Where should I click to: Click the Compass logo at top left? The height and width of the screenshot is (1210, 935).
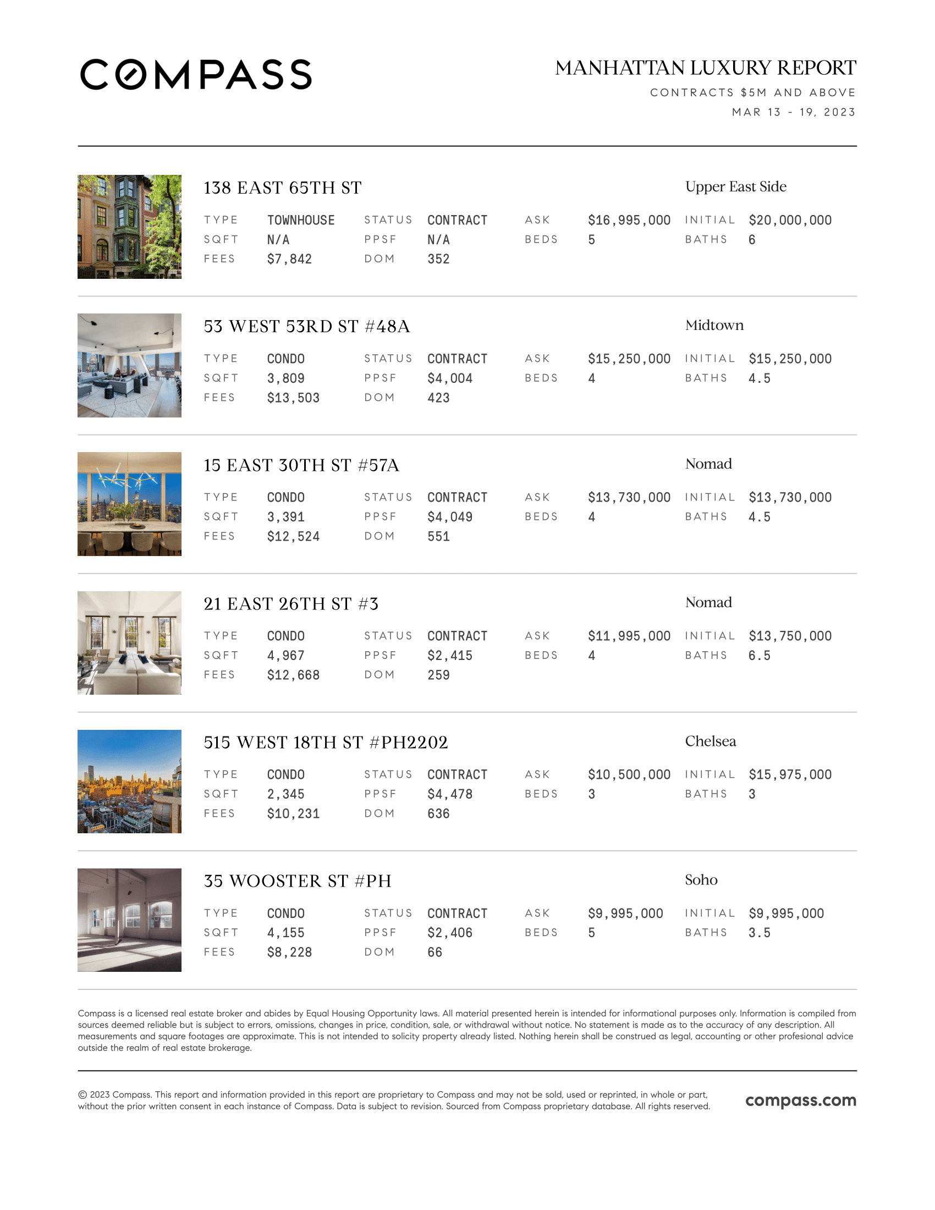point(196,74)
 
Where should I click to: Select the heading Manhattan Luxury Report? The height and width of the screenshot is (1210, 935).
point(705,68)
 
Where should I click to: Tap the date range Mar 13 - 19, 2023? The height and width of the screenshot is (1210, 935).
point(793,112)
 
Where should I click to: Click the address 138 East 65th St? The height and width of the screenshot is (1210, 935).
point(282,188)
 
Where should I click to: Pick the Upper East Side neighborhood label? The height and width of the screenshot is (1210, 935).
point(735,186)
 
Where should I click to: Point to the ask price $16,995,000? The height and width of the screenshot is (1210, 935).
point(629,221)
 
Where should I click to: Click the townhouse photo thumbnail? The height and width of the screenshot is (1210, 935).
point(129,227)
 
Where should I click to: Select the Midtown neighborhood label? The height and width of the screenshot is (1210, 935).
point(714,325)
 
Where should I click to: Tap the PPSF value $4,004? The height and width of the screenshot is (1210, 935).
point(449,378)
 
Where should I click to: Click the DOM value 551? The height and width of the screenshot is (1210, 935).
point(438,536)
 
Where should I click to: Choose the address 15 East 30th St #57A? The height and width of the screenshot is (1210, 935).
point(301,465)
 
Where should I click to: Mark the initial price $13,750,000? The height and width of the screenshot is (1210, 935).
point(789,636)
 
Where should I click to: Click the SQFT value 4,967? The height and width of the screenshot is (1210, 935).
point(285,656)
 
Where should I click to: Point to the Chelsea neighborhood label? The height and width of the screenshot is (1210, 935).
point(710,741)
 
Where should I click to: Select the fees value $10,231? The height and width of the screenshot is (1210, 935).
point(293,813)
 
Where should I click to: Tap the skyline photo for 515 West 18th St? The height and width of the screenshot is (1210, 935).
point(129,781)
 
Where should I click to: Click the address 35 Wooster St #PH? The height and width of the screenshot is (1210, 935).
point(297,881)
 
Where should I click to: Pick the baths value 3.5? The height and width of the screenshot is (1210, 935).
point(759,933)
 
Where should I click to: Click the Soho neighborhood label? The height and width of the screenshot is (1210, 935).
point(701,880)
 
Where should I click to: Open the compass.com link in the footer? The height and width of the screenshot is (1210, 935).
point(800,1101)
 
